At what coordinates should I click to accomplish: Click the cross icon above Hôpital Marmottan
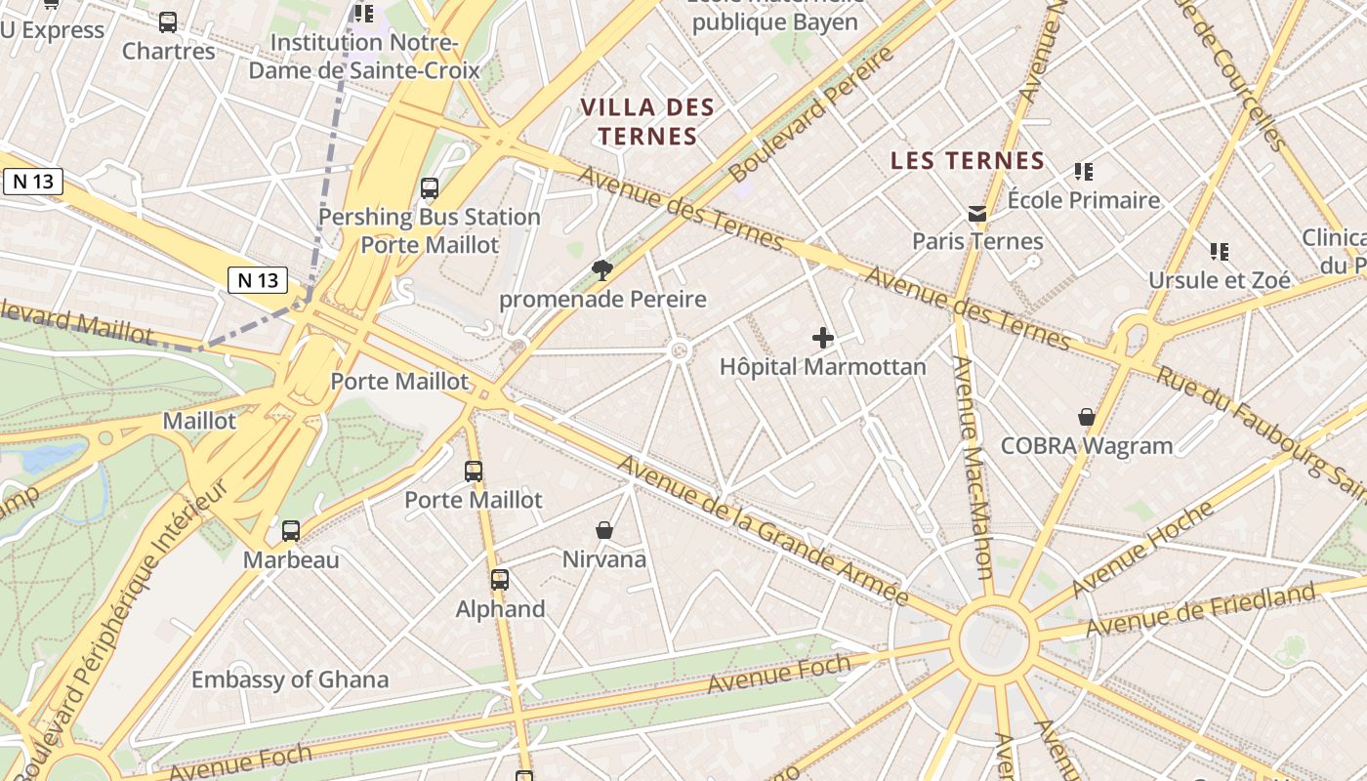coord(823,339)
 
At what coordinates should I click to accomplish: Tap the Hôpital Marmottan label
coord(822,367)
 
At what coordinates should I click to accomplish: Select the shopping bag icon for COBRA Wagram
coord(1087,417)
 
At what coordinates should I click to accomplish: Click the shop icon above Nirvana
coord(604,530)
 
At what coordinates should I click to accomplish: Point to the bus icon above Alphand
coord(500,580)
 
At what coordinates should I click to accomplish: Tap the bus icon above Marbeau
coord(291,531)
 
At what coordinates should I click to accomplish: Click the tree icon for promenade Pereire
coord(602,270)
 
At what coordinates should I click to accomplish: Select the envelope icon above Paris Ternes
coord(977,214)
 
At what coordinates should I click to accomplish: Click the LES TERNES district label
coord(968,161)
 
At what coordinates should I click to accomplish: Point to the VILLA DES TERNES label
coord(648,121)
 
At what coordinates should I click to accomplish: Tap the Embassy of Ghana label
coord(290,679)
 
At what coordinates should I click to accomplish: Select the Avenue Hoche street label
coord(1142,549)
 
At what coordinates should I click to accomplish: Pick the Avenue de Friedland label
coord(1201,611)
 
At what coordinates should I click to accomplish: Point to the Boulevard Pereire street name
coord(810,114)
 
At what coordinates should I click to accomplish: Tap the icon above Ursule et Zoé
coord(1219,252)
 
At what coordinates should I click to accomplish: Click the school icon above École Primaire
coord(1084,172)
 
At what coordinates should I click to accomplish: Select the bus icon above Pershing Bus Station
coord(429,188)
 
